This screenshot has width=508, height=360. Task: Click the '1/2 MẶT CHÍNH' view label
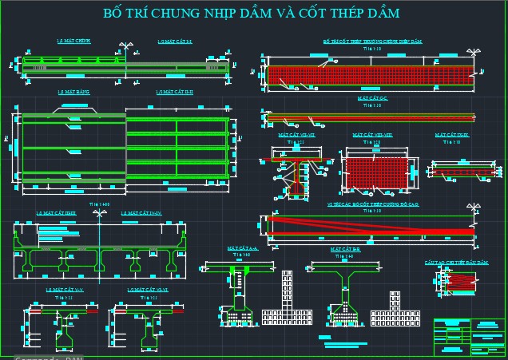[x=73, y=41]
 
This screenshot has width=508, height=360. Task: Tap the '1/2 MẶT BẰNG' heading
[x=73, y=93]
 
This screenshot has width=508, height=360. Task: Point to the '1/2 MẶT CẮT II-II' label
[x=176, y=93]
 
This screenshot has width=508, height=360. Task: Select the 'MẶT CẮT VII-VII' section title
[x=296, y=136]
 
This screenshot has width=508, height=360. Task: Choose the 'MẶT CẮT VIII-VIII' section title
[x=372, y=136]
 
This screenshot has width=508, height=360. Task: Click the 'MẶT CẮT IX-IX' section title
[x=452, y=136]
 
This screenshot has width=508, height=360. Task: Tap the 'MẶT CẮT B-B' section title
[x=347, y=249]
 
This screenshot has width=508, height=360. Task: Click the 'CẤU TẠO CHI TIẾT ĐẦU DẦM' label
[x=450, y=261]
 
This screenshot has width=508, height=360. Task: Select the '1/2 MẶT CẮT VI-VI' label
[x=150, y=289]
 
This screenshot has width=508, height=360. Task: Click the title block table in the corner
[x=470, y=337]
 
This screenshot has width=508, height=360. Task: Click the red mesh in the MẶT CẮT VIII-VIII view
[x=376, y=173]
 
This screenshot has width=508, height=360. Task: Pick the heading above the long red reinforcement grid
[x=372, y=41]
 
